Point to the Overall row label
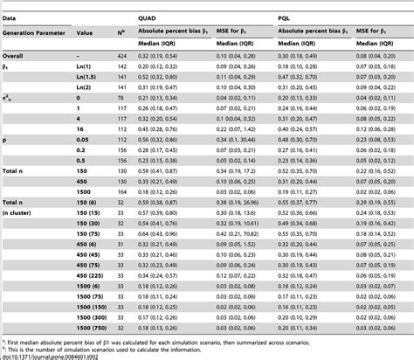point(15,54)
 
